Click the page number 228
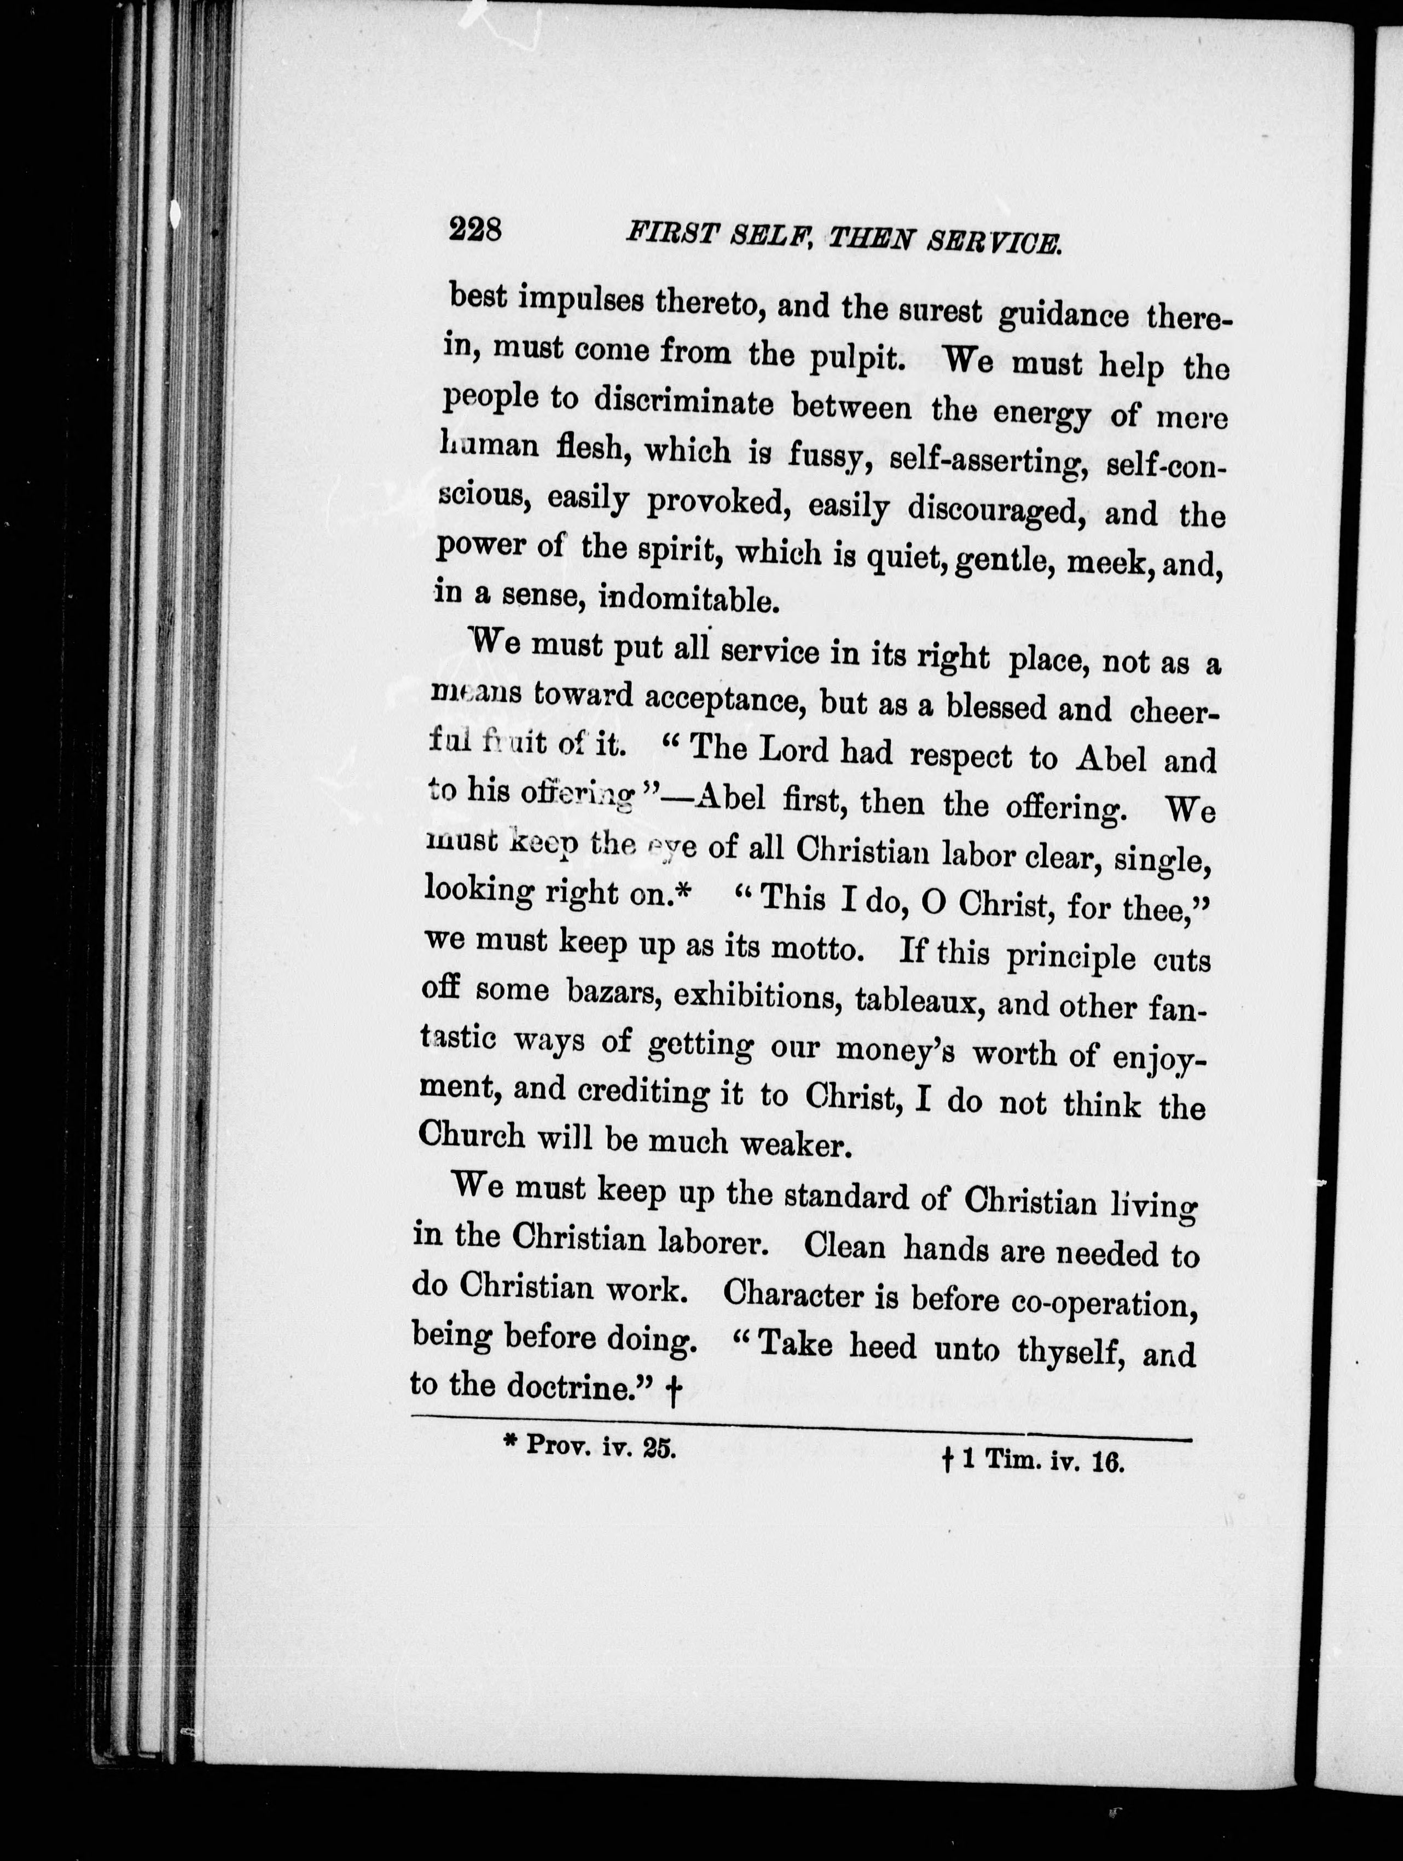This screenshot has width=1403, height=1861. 476,229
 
